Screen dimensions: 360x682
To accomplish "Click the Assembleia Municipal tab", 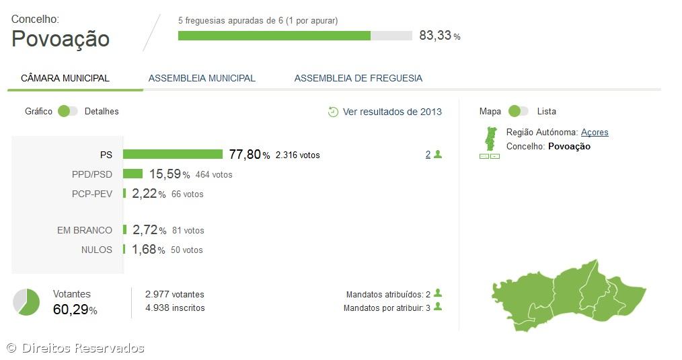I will pyautogui.click(x=202, y=78).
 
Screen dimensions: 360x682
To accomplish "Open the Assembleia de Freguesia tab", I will pyautogui.click(x=358, y=78).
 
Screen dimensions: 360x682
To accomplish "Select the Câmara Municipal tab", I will pyautogui.click(x=65, y=78).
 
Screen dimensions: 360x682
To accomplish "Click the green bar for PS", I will pyautogui.click(x=172, y=154).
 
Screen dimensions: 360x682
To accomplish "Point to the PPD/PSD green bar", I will pyautogui.click(x=132, y=174).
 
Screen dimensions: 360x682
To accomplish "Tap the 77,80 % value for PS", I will pyautogui.click(x=249, y=155).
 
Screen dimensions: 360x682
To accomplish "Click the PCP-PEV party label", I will pyautogui.click(x=92, y=194).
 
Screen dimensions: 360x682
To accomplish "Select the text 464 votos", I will pyautogui.click(x=214, y=175).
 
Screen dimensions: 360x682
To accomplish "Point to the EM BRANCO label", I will pyautogui.click(x=85, y=230).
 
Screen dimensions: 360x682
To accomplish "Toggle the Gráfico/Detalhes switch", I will pyautogui.click(x=68, y=111).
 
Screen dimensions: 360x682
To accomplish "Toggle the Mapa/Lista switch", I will pyautogui.click(x=519, y=111).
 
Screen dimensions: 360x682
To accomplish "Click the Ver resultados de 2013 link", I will pyautogui.click(x=392, y=112).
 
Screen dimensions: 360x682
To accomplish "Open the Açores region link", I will pyautogui.click(x=595, y=133).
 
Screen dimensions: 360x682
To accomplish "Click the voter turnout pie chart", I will pyautogui.click(x=27, y=301).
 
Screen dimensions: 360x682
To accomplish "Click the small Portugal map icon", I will pyautogui.click(x=490, y=139).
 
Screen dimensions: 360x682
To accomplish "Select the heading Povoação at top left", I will pyautogui.click(x=61, y=39).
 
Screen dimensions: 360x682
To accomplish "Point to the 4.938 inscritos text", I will pyautogui.click(x=175, y=308).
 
